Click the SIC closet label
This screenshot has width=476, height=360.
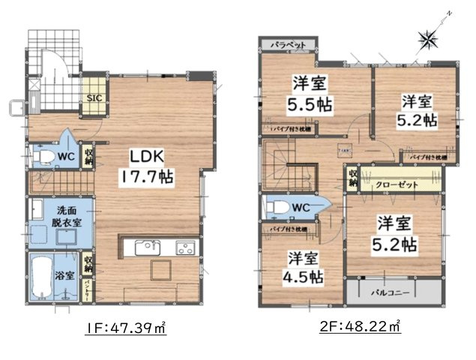click(x=95, y=97)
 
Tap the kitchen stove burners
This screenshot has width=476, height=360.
click(x=184, y=249)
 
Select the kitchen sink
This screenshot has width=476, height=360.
click(x=144, y=249)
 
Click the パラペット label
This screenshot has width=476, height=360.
click(x=288, y=45)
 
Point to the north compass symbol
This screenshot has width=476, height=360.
click(x=430, y=37)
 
